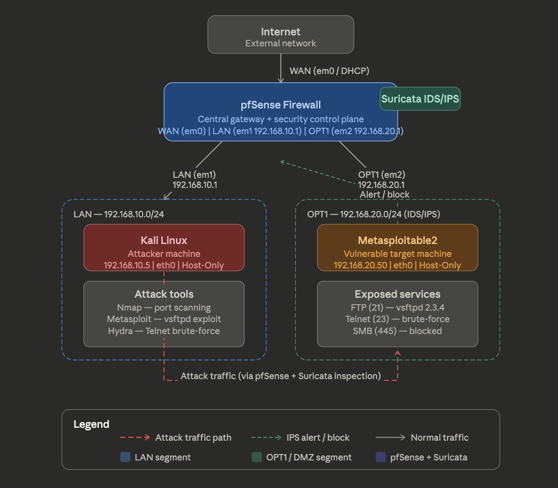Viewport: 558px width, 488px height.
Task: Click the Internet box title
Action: tap(280, 32)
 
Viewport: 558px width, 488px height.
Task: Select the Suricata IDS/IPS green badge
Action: tap(420, 99)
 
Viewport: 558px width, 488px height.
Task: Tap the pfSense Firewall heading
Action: tap(280, 105)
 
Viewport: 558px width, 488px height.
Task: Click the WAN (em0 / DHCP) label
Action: tap(329, 71)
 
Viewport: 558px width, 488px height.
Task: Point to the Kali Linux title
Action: tap(164, 240)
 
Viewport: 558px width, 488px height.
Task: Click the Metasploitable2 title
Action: tap(397, 240)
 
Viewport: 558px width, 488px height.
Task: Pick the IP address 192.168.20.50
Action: tap(360, 265)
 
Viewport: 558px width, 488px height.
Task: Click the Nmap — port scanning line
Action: tap(164, 307)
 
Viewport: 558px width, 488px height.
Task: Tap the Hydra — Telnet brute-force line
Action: tap(164, 331)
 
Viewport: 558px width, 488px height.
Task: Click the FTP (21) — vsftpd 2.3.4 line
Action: tap(397, 307)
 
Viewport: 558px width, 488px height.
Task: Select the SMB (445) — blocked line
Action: tap(397, 331)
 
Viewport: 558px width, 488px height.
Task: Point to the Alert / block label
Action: tap(384, 194)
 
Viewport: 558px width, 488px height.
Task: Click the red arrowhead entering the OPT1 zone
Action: tap(398, 353)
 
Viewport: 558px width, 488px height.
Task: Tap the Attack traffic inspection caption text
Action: tap(280, 376)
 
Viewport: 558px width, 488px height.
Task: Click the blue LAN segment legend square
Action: tap(125, 457)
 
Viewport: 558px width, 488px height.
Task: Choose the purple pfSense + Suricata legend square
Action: tap(381, 457)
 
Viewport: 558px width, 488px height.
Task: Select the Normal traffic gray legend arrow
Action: tap(390, 437)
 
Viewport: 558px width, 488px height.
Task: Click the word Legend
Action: tap(91, 424)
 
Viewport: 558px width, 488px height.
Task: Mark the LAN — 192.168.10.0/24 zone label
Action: tap(119, 214)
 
